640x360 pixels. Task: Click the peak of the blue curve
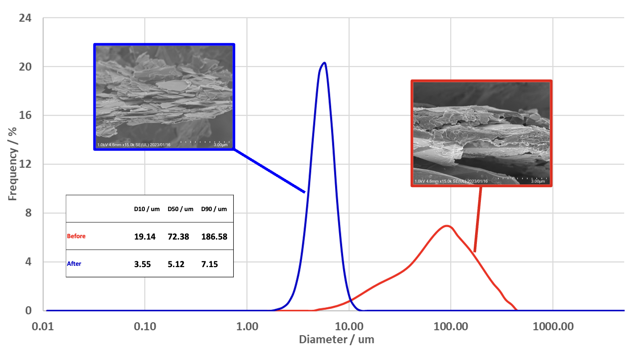pyautogui.click(x=324, y=63)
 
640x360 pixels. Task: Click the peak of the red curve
pyautogui.click(x=448, y=226)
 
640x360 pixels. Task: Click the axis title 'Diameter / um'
pyautogui.click(x=336, y=340)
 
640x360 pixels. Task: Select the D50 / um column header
pyautogui.click(x=180, y=209)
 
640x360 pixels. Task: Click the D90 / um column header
pyautogui.click(x=214, y=209)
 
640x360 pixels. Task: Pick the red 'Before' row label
pyautogui.click(x=76, y=236)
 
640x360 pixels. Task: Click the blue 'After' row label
pyautogui.click(x=74, y=264)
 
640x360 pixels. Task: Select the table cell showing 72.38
pyautogui.click(x=178, y=236)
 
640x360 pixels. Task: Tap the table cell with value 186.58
pyautogui.click(x=214, y=236)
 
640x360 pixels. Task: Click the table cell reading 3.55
pyautogui.click(x=142, y=264)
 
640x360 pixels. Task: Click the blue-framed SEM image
pyautogui.click(x=164, y=97)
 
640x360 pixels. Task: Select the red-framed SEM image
pyautogui.click(x=481, y=133)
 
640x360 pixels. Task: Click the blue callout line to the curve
pyautogui.click(x=269, y=171)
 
